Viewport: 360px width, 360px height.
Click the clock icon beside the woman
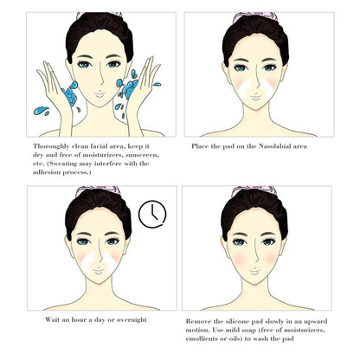pos(151,212)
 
